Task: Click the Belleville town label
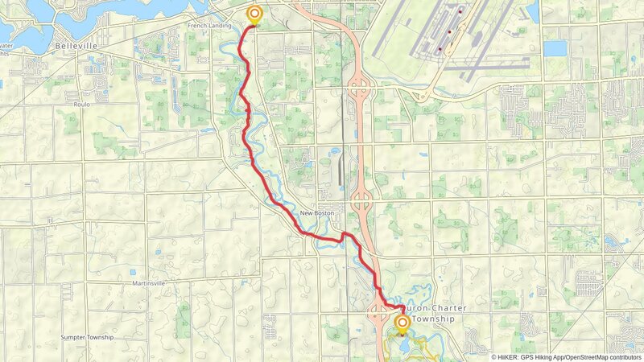point(76,47)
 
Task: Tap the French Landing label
point(208,26)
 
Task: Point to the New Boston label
point(316,213)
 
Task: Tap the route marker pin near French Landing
point(254,14)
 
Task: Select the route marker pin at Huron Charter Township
point(402,323)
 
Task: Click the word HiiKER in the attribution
point(508,356)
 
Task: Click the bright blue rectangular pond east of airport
point(555,48)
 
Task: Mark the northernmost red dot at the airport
point(460,12)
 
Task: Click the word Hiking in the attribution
point(550,356)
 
